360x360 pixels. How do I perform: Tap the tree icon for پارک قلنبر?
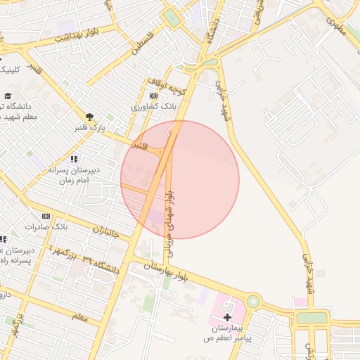click(x=89, y=117)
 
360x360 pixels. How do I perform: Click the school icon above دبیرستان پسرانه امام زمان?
click(x=75, y=160)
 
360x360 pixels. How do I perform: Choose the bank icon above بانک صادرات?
click(x=46, y=216)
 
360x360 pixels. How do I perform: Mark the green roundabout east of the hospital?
click(x=252, y=302)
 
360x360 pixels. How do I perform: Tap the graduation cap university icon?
click(x=8, y=96)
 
